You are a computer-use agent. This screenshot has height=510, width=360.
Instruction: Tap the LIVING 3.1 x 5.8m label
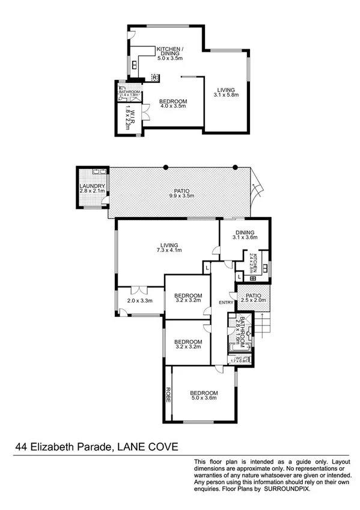226,92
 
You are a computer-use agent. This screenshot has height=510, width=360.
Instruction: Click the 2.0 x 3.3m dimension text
139,301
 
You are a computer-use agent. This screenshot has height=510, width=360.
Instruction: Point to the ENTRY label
226,302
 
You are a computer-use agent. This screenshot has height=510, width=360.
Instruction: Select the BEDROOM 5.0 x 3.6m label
204,396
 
